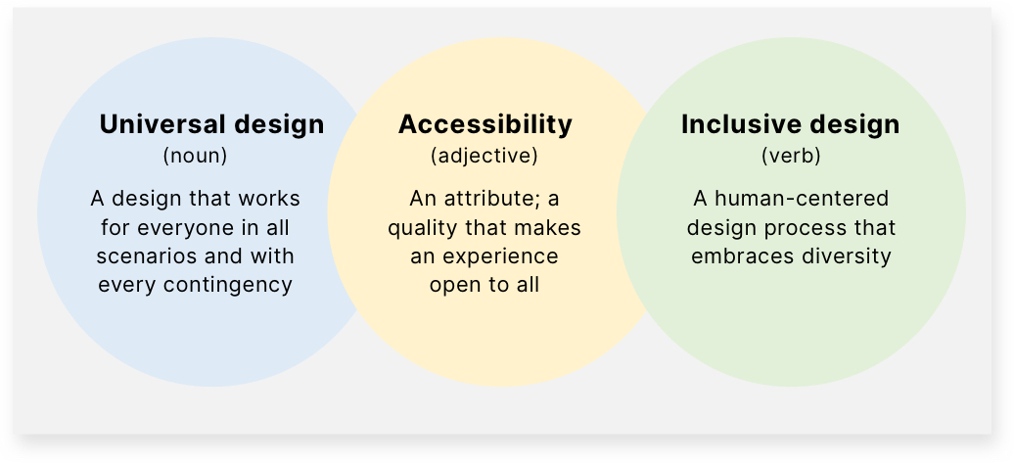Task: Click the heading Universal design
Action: click(211, 124)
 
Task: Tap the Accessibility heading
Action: click(485, 124)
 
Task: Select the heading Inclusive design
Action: click(790, 124)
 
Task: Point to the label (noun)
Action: click(196, 157)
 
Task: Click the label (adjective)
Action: click(484, 157)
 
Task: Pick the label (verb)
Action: click(791, 157)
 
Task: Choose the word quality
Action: click(424, 228)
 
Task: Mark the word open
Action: click(455, 285)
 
